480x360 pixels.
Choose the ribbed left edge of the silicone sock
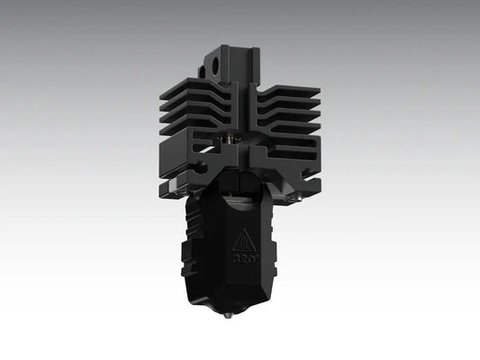191,238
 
